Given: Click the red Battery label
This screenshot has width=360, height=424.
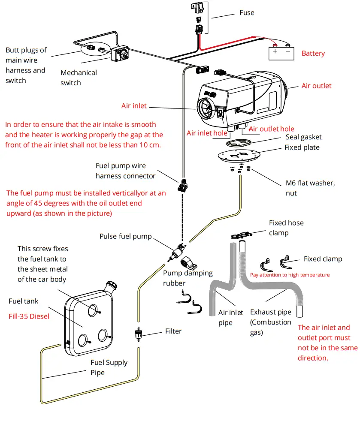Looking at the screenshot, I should [313, 54].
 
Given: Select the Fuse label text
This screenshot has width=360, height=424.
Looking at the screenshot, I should [247, 13].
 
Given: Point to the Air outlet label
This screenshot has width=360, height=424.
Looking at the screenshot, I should [316, 86].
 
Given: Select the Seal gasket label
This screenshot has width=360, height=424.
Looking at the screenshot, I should [303, 137].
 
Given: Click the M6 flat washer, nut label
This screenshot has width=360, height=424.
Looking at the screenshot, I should [310, 188].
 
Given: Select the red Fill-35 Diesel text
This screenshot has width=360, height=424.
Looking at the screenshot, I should [29, 316].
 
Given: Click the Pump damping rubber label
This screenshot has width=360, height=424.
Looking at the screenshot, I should [188, 278].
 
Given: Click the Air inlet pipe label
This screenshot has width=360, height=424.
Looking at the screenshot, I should [230, 318].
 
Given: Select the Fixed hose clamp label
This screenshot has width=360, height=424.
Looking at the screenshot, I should [286, 228].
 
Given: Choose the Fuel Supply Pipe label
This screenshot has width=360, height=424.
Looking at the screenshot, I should [109, 367].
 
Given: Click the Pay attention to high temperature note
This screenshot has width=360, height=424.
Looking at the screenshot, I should [290, 275].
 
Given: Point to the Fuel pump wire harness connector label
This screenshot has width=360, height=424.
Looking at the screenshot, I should [125, 171].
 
